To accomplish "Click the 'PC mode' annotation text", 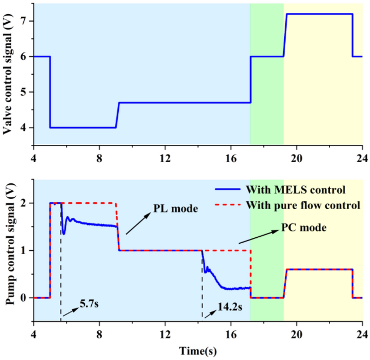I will [304, 228].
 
